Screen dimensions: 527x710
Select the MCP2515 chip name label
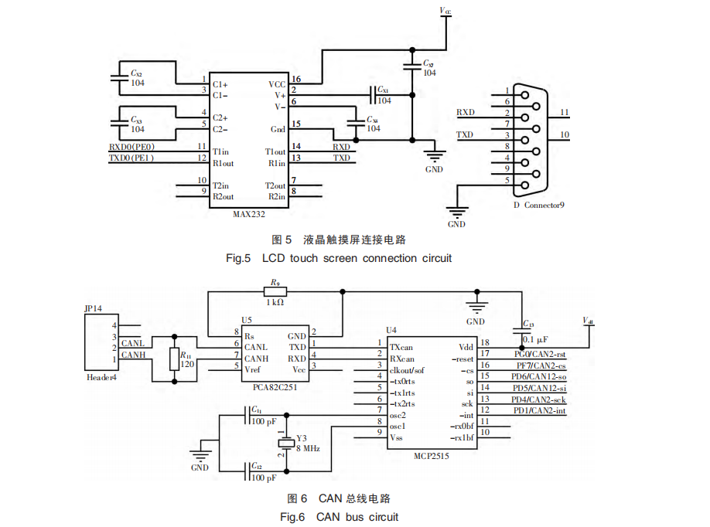pyautogui.click(x=431, y=456)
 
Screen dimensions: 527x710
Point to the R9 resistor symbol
pyautogui.click(x=275, y=291)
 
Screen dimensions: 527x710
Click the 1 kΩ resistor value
pyautogui.click(x=275, y=303)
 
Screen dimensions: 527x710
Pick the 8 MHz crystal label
pyautogui.click(x=307, y=448)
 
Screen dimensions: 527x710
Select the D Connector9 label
pyautogui.click(x=539, y=205)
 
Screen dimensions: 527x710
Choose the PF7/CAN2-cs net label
pyautogui.click(x=541, y=365)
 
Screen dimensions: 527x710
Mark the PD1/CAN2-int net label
pyautogui.click(x=540, y=410)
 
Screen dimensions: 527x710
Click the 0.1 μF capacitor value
pyautogui.click(x=537, y=339)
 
